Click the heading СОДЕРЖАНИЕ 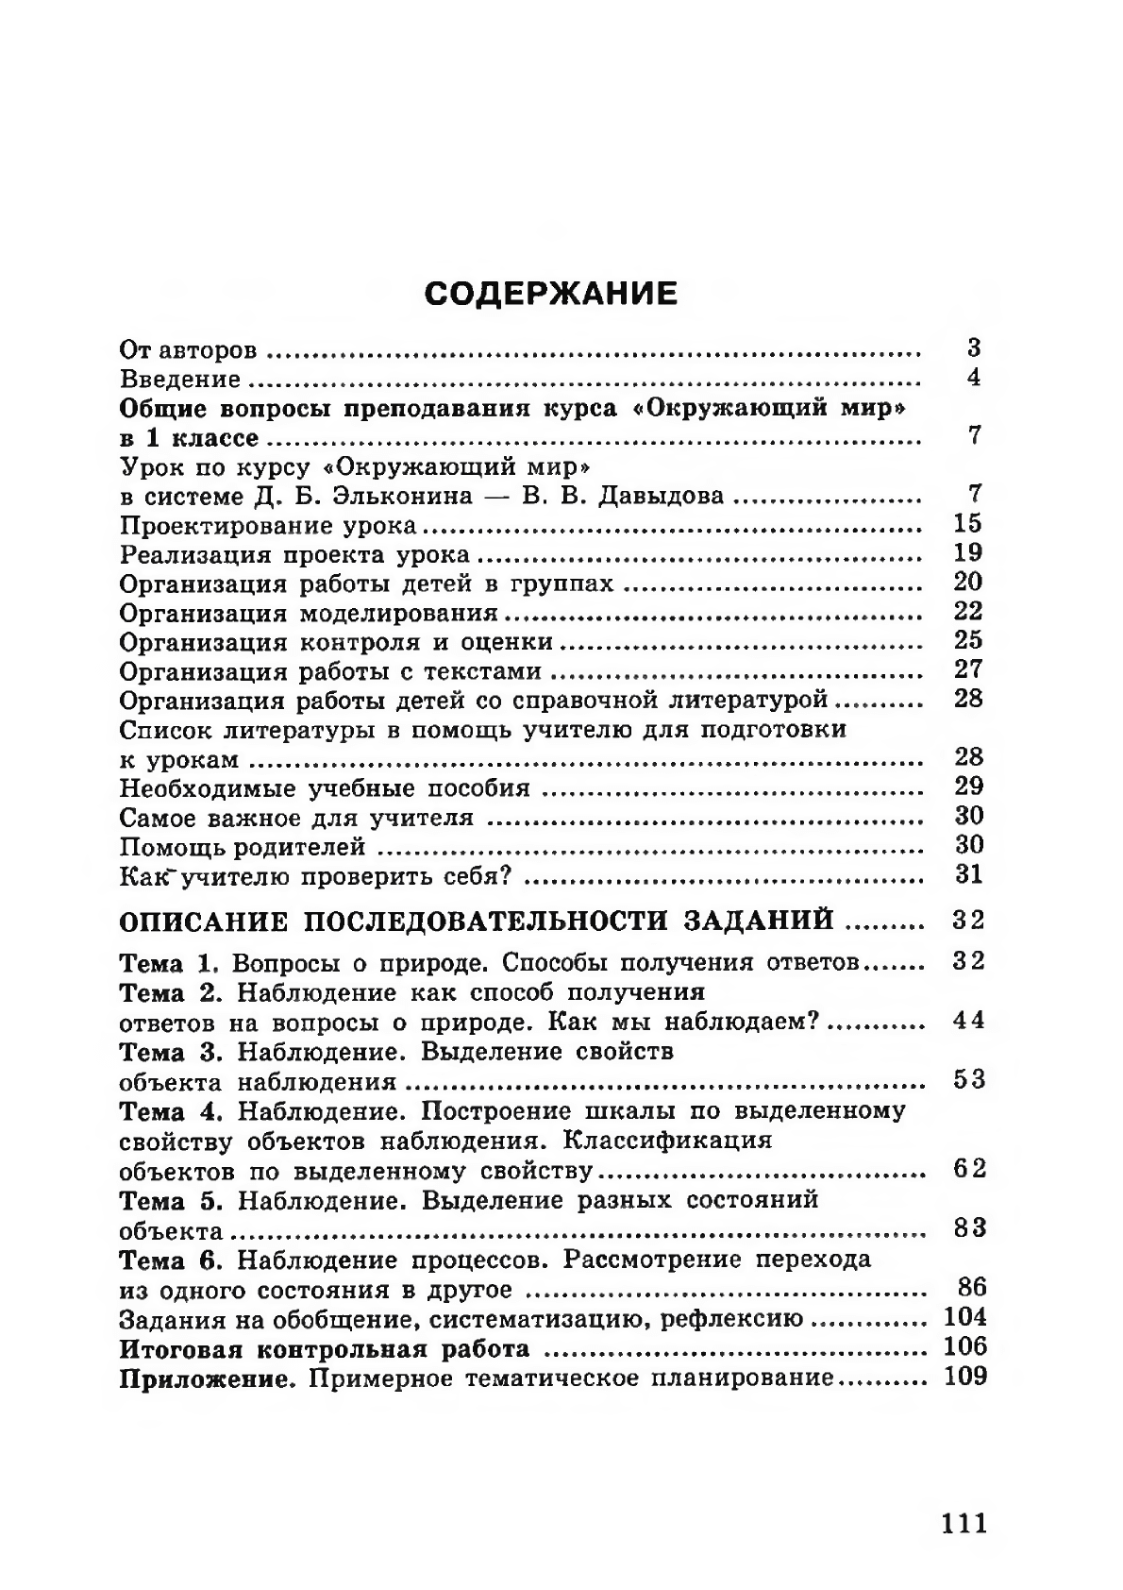pyautogui.click(x=551, y=293)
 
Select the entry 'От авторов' pyautogui.click(x=189, y=351)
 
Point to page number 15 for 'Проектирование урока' pyautogui.click(x=968, y=523)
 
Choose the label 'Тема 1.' pyautogui.click(x=170, y=964)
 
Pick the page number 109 pyautogui.click(x=964, y=1376)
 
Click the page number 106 pyautogui.click(x=964, y=1346)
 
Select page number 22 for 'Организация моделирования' pyautogui.click(x=968, y=611)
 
